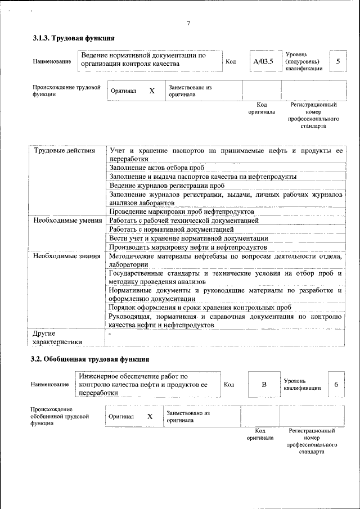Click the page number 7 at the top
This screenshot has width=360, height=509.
[188, 23]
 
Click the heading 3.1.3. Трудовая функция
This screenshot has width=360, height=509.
[74, 39]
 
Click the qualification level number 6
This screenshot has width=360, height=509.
[336, 385]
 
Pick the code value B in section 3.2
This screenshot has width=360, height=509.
[263, 385]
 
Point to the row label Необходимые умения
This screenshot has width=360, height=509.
[67, 221]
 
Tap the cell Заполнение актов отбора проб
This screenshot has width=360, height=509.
[157, 168]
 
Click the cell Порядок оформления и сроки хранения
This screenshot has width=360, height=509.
[200, 308]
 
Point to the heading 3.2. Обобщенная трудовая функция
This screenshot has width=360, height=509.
[90, 359]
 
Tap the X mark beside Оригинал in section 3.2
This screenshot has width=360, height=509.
[150, 417]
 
